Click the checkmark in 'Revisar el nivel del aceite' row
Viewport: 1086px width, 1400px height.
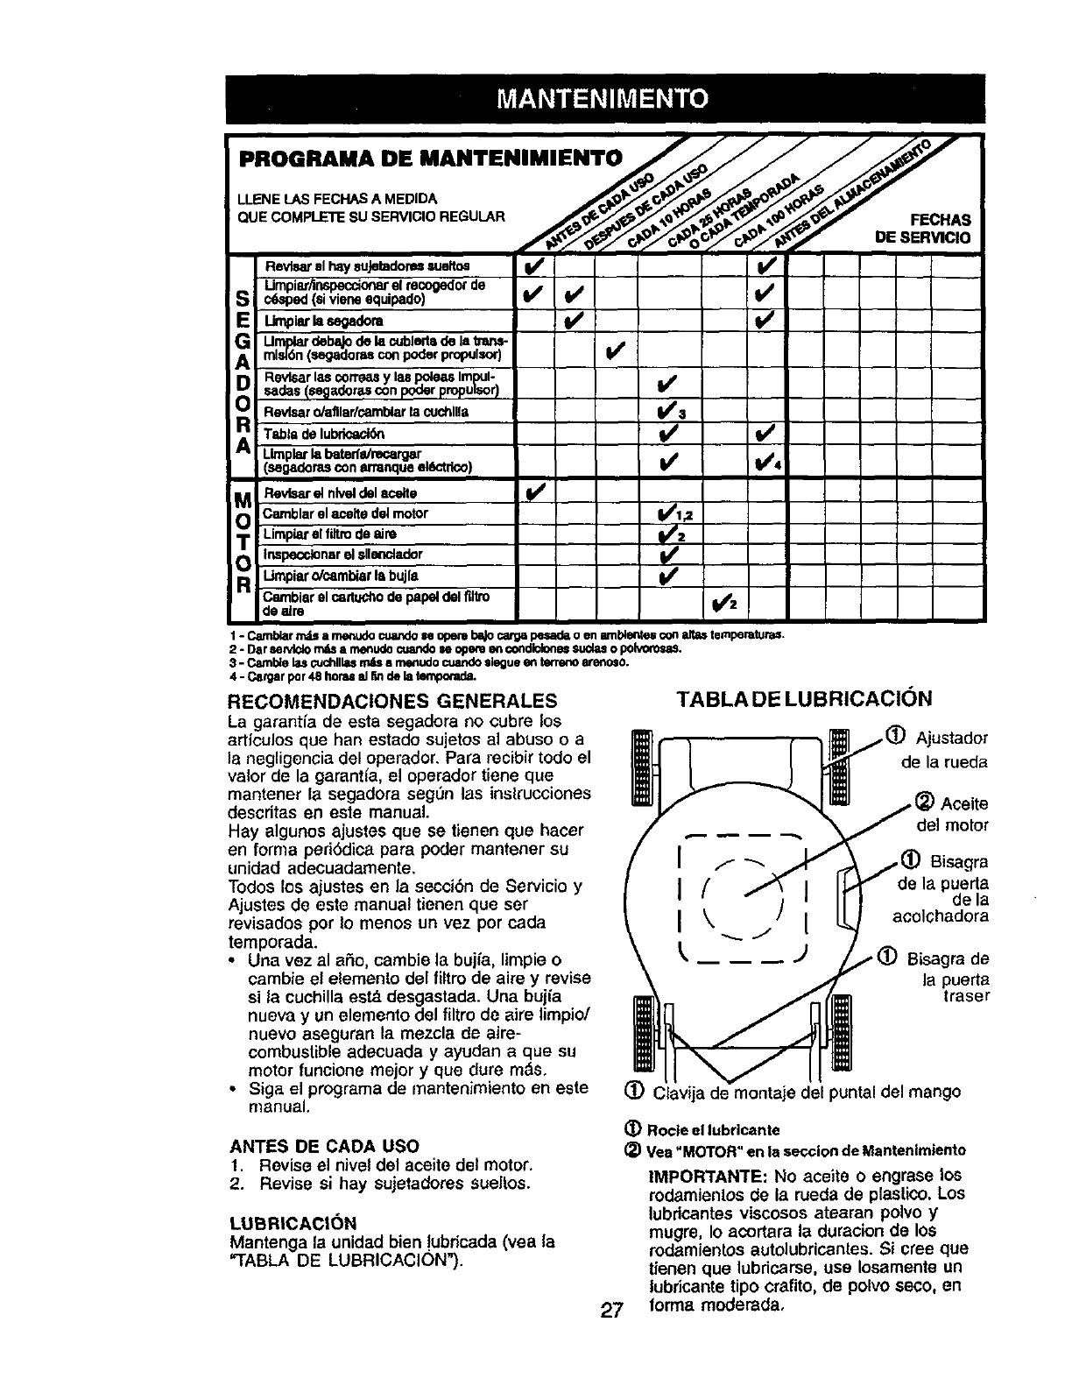(533, 494)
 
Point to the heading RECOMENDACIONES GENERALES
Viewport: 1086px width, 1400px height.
(392, 701)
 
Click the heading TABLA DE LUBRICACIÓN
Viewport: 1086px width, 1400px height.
(804, 698)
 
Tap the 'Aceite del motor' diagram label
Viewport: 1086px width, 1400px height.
(950, 814)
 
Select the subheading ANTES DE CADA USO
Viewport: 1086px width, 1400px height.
(324, 1146)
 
